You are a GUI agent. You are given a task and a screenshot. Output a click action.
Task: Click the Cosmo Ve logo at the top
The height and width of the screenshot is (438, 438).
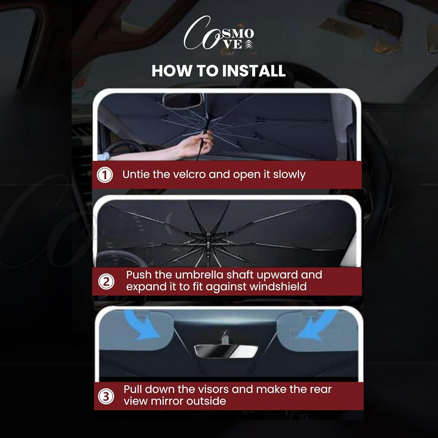point(219,33)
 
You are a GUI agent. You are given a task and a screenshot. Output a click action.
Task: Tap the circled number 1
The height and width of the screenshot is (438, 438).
point(105,175)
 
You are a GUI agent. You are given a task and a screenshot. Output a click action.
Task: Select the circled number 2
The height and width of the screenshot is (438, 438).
point(106,282)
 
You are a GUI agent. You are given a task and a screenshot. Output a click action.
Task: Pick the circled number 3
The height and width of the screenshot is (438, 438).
point(106,396)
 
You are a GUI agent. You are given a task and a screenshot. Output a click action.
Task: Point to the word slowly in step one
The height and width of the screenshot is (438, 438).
point(289,175)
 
